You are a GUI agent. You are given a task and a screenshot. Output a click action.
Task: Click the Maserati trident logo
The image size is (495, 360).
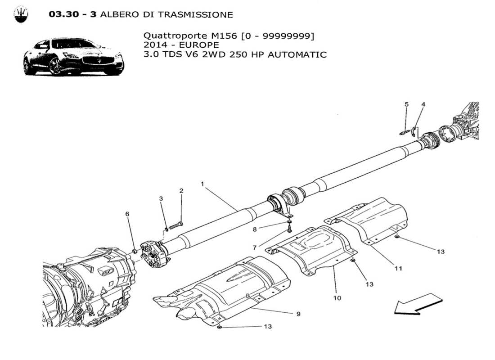(21, 14)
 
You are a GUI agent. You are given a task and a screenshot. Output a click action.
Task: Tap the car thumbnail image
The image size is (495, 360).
(73, 57)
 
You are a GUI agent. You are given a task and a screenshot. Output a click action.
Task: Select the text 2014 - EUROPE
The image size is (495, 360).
(181, 45)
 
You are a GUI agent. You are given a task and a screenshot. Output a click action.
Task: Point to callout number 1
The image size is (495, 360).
(202, 184)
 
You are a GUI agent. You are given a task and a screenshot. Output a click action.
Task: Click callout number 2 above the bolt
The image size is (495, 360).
(181, 191)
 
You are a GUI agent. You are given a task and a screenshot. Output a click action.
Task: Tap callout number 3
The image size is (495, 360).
(160, 198)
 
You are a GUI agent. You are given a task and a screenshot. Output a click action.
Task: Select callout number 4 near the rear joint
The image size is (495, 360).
(423, 104)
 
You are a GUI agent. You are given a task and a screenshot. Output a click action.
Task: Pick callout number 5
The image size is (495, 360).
(406, 104)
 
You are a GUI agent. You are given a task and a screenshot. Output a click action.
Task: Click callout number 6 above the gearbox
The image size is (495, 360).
(127, 214)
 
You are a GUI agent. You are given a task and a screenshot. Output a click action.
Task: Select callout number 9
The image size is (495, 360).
(298, 314)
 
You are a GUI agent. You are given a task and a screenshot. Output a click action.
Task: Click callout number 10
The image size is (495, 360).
(337, 298)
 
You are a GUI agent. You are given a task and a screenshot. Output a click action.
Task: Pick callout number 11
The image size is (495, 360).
(398, 269)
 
